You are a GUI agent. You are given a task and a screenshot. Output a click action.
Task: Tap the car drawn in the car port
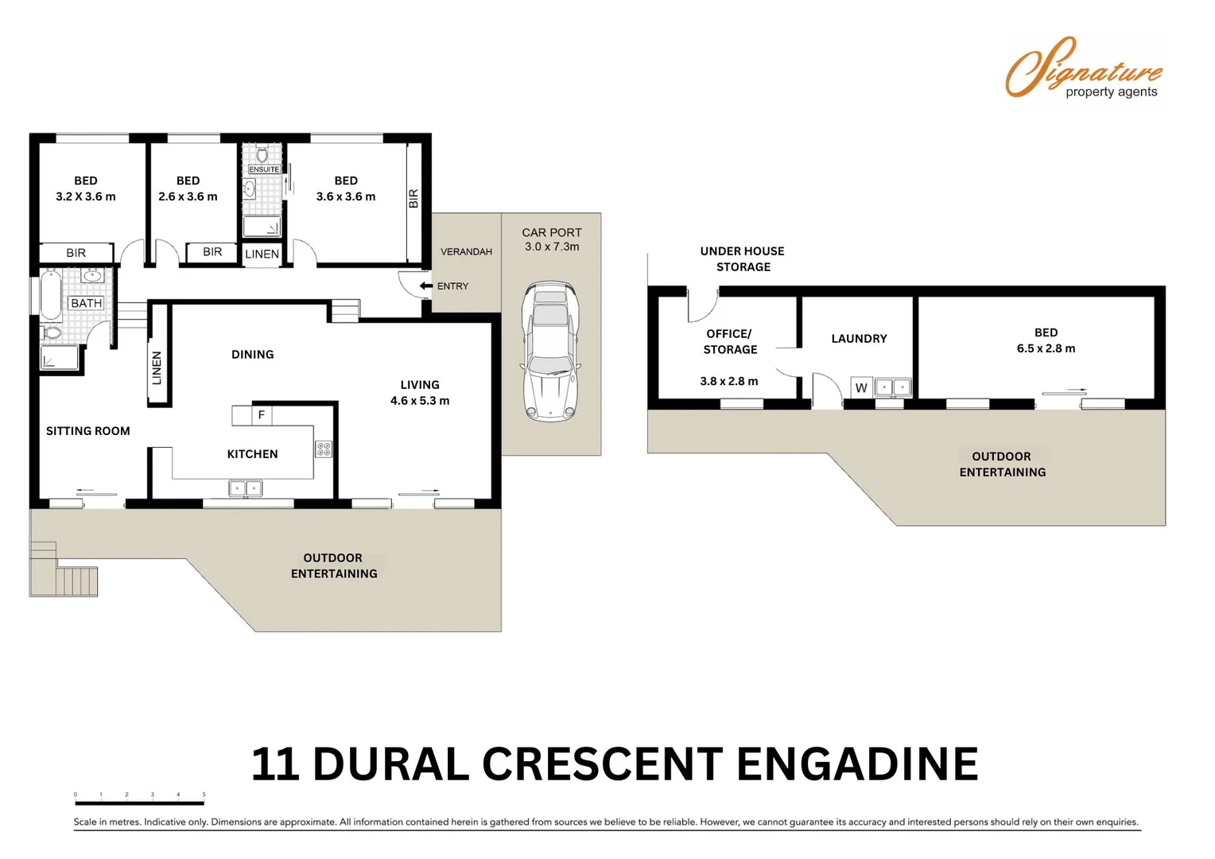tap(550, 351)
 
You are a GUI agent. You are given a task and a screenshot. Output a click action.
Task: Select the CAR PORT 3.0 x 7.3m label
tap(551, 239)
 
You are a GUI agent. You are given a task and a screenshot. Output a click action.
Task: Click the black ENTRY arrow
tap(426, 286)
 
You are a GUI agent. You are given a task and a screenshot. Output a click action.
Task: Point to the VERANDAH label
tap(466, 251)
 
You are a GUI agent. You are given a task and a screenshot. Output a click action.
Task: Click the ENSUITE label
tap(264, 169)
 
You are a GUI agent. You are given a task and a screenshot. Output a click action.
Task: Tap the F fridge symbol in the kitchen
tap(261, 414)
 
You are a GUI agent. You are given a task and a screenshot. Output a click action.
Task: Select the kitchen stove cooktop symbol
tap(324, 449)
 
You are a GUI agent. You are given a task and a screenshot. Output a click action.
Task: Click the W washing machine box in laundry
tap(861, 387)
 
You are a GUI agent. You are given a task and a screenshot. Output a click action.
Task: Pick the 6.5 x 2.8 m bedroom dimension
tap(1046, 348)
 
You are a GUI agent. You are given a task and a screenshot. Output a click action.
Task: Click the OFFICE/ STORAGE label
tap(729, 341)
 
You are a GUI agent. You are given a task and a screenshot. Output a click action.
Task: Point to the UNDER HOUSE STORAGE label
tap(742, 258)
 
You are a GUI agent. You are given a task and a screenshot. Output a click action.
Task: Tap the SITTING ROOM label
tap(87, 431)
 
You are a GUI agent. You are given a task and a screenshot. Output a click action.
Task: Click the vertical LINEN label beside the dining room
tap(157, 367)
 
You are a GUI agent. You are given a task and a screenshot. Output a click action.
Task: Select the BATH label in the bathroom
tap(86, 303)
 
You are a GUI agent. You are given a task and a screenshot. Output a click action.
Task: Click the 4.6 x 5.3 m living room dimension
tap(419, 401)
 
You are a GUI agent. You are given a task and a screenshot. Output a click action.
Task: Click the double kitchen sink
tap(245, 488)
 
